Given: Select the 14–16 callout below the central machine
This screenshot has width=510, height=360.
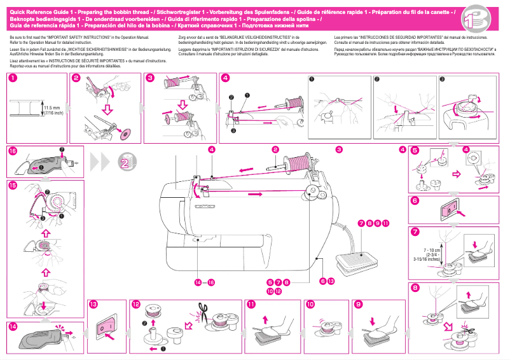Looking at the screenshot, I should [x=205, y=282].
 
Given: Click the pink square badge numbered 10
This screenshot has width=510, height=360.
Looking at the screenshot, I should [x=310, y=305].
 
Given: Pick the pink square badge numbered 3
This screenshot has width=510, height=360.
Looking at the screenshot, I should [x=150, y=78].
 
